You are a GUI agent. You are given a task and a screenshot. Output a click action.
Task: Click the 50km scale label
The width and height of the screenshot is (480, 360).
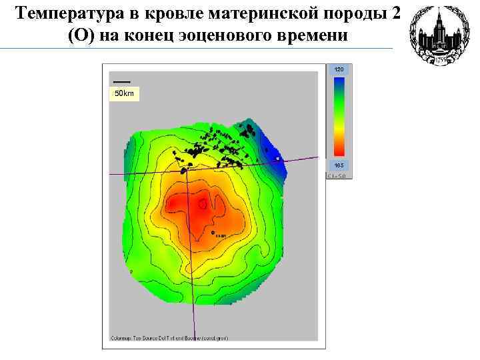coord(124,94)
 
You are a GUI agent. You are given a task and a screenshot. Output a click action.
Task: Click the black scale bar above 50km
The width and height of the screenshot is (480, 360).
coord(122,82)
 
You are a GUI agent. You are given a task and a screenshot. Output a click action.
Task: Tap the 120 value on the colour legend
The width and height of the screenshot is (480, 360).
coord(339,70)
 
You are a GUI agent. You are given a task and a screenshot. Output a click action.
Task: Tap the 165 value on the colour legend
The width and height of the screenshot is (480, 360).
coord(339,165)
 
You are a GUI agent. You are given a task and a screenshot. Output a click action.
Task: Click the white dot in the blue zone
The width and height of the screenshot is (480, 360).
coord(277,159)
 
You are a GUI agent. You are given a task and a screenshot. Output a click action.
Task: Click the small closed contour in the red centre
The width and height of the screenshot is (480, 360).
coord(203,203)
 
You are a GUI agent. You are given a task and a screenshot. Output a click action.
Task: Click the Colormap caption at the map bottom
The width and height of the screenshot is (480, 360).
coord(169,338)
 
